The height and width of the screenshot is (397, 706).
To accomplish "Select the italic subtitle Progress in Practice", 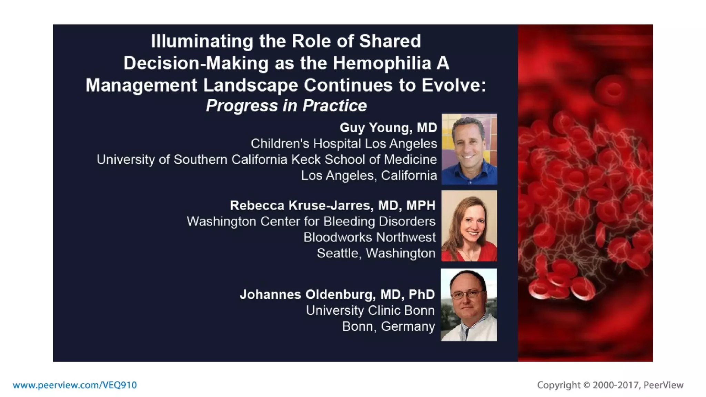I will (286, 106).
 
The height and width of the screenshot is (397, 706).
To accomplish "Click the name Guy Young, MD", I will (388, 128).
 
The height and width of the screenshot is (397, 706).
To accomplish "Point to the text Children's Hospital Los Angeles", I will (343, 144).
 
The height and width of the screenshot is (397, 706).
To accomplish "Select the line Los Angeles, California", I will (369, 176).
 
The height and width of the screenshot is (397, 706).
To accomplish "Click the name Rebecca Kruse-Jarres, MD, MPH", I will (332, 205).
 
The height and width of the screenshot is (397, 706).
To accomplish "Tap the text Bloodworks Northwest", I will (369, 237).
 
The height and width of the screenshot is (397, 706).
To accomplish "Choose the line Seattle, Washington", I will (376, 253).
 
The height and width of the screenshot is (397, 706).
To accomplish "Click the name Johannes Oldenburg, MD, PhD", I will (337, 295).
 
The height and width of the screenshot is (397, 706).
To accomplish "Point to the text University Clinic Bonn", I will (370, 311).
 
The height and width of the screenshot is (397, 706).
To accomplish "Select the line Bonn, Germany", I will (388, 326).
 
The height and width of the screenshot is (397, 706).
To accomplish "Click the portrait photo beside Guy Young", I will (469, 149).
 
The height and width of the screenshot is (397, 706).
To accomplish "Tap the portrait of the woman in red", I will (469, 226).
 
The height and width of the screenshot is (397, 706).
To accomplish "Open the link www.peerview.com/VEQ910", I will (75, 385).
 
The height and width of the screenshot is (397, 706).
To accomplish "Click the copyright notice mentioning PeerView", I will (610, 385).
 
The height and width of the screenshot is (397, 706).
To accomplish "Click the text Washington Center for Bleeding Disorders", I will (311, 222).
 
